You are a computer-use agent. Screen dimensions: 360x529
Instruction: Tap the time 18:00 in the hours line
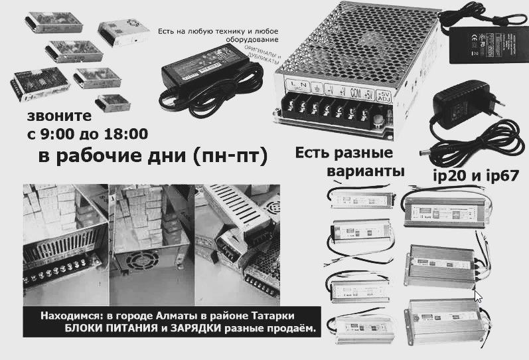pyautogui.click(x=125, y=135)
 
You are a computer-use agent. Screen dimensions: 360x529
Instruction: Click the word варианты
pyautogui.click(x=366, y=171)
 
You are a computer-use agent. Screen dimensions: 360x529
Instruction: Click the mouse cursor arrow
pyautogui.click(x=478, y=296)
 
